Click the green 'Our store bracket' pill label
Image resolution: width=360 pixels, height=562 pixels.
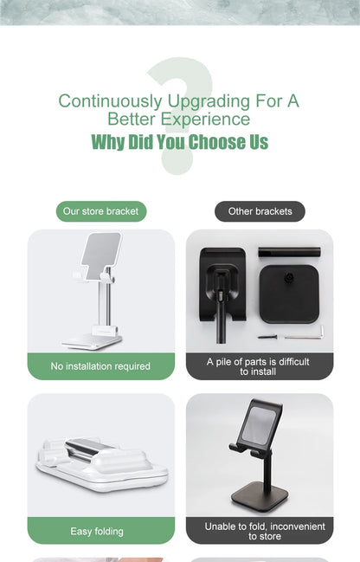[101, 211]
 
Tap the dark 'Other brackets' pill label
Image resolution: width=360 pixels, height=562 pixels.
[260, 211]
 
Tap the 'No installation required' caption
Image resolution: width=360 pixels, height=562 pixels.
[100, 366]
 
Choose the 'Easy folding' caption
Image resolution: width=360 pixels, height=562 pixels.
[97, 531]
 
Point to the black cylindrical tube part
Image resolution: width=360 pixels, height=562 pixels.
[289, 252]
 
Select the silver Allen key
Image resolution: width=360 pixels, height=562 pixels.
[305, 335]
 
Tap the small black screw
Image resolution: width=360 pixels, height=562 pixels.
[267, 337]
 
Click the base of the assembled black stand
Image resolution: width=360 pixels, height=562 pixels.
[264, 494]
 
